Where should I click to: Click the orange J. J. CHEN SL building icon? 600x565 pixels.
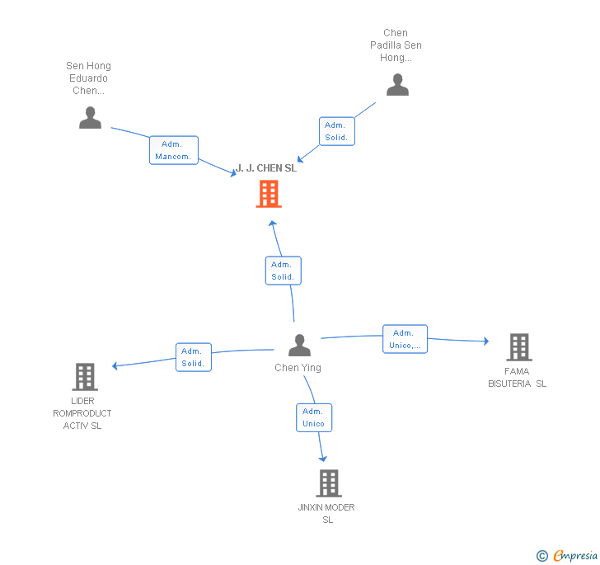[x=269, y=194]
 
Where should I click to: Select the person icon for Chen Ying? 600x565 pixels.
[x=299, y=345]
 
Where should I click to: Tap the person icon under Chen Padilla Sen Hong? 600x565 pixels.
[x=397, y=85]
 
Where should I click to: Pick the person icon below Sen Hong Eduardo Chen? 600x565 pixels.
[x=91, y=118]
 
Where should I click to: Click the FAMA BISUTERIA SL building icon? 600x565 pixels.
[x=519, y=347]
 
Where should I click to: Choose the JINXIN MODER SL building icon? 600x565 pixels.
[x=329, y=483]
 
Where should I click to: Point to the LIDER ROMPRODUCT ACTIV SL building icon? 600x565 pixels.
[x=85, y=377]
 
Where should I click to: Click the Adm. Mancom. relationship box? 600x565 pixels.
[x=174, y=150]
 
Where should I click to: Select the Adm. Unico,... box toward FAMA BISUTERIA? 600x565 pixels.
[x=405, y=339]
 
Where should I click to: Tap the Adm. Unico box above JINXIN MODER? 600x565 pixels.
[x=314, y=417]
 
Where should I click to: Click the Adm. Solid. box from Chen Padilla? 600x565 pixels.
[x=337, y=131]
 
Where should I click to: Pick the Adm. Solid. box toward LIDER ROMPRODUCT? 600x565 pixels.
[x=194, y=357]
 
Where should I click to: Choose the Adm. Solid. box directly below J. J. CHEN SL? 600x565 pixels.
[x=284, y=271]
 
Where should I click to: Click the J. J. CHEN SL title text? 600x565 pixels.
[x=266, y=168]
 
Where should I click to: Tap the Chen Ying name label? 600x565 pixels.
[x=298, y=368]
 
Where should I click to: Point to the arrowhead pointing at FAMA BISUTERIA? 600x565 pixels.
[x=486, y=341]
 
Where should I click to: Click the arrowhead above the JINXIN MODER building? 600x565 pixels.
[x=323, y=459]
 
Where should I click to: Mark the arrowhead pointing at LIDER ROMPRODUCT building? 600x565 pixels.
[x=115, y=366]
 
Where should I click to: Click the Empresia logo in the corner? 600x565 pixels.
[x=567, y=555]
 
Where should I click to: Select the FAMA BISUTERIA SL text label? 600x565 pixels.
[x=517, y=377]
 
